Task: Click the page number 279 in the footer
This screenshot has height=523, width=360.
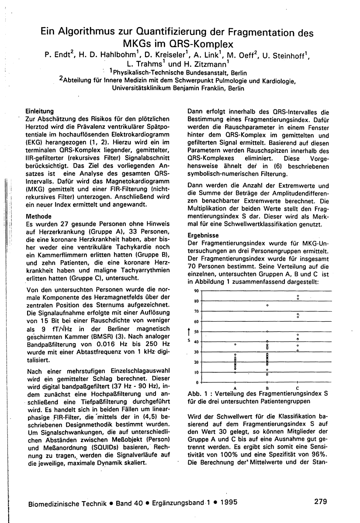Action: coord(321,502)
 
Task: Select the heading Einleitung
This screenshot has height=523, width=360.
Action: coord(40,111)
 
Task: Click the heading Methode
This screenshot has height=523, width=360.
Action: coord(39,216)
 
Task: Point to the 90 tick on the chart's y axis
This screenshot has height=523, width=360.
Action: coord(196,291)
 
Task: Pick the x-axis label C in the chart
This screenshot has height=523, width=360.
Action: coord(298,388)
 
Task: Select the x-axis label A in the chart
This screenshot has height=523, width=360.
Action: coord(235,388)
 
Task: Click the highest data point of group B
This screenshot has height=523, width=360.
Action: coord(267,306)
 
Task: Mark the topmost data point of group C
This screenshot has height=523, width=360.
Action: coord(298,296)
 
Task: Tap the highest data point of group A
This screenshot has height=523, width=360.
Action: coord(235,344)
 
